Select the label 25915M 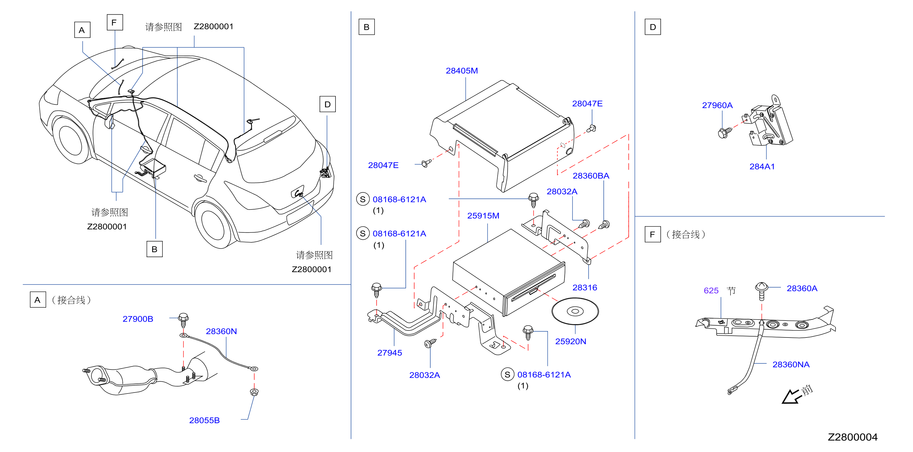[x=483, y=216]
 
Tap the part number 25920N [x=570, y=341]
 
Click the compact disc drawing [x=575, y=311]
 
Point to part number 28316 [x=585, y=288]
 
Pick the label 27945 [x=389, y=353]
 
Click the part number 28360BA [x=591, y=176]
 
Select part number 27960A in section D [x=717, y=105]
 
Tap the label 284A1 [x=762, y=167]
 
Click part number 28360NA [x=791, y=365]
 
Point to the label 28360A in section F [x=802, y=288]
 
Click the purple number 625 [x=711, y=291]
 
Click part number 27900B [x=138, y=319]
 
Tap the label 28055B [x=204, y=420]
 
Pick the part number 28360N [x=222, y=331]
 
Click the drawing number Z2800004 [x=853, y=437]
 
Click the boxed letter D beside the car [x=328, y=104]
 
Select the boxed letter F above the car [x=115, y=22]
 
